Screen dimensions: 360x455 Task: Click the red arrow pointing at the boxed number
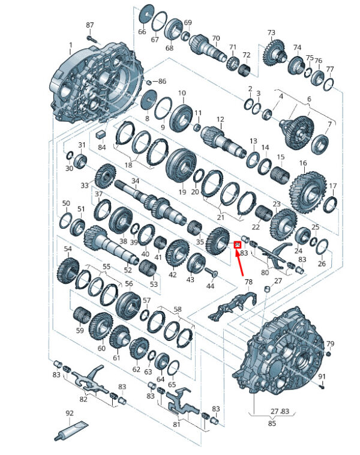click(x=239, y=262)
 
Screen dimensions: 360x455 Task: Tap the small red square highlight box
click(x=238, y=245)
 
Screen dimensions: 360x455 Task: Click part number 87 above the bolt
click(x=90, y=25)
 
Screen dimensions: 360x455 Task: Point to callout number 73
click(x=271, y=32)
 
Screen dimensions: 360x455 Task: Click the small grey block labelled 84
click(x=101, y=134)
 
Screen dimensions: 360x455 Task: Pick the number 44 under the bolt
click(x=211, y=286)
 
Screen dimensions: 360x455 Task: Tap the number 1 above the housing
click(x=71, y=45)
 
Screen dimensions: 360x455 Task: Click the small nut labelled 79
click(x=328, y=354)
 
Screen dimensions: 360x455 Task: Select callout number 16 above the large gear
click(x=303, y=163)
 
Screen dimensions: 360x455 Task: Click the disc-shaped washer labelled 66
click(x=146, y=14)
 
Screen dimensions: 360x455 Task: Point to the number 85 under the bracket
click(x=272, y=423)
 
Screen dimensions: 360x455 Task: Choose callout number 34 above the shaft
click(x=136, y=181)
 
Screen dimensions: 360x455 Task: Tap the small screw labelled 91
click(x=322, y=386)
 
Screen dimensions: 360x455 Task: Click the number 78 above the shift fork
click(x=248, y=282)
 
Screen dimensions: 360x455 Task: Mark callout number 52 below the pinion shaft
click(x=128, y=270)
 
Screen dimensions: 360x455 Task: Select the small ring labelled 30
click(x=70, y=155)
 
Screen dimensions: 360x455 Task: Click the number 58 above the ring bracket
click(x=178, y=309)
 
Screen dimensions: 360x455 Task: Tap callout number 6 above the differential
click(x=309, y=99)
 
